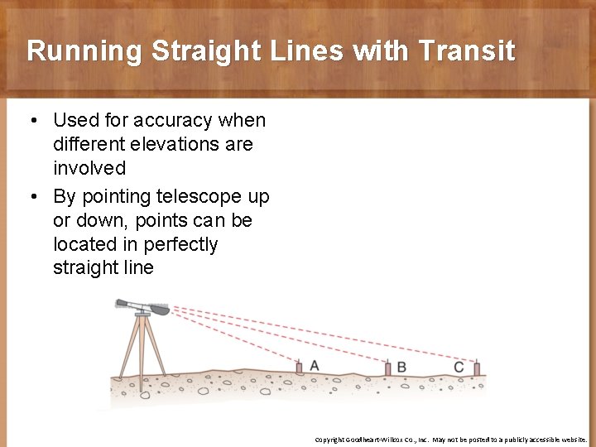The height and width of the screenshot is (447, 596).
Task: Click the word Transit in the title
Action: [468, 51]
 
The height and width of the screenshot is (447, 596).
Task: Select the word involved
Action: [89, 168]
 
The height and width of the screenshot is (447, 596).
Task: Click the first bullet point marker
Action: [32, 121]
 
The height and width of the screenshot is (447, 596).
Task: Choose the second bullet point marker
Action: [32, 197]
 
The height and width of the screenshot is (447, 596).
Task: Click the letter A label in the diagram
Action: [315, 365]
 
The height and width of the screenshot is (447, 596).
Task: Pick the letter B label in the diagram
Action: [401, 367]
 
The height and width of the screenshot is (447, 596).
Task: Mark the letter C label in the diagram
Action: [459, 367]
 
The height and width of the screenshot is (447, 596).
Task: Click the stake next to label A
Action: [300, 367]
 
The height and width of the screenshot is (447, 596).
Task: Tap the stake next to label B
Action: [387, 368]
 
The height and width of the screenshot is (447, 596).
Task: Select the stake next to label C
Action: [476, 368]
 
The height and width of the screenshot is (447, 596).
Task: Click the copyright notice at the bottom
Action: [450, 439]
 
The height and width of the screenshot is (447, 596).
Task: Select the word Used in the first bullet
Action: [74, 120]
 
